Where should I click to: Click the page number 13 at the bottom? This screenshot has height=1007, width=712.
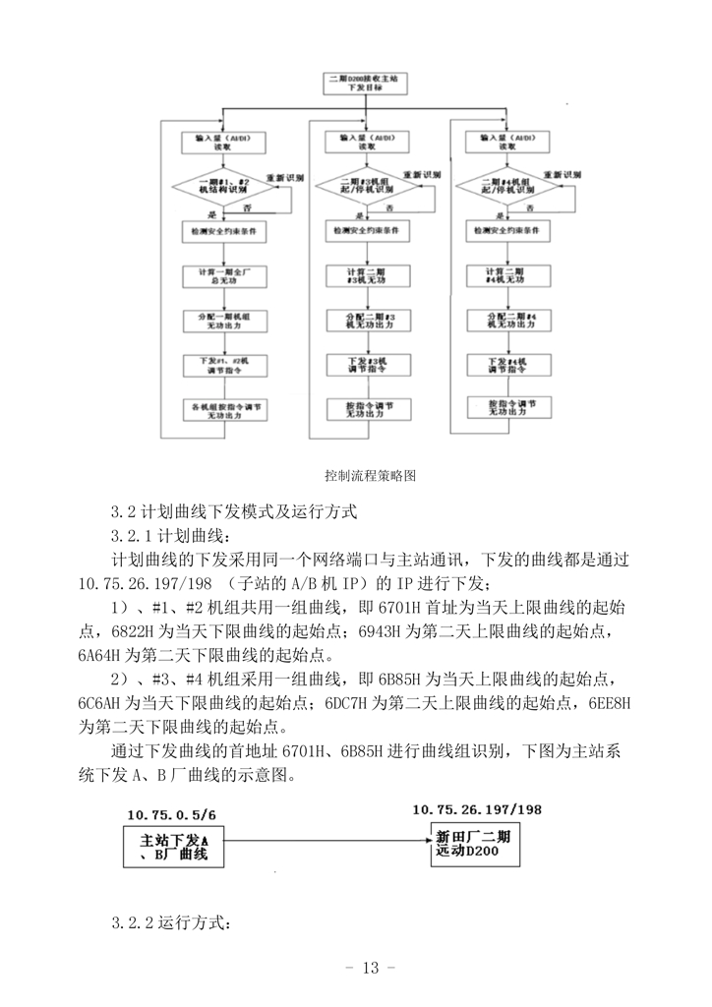click(x=370, y=969)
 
